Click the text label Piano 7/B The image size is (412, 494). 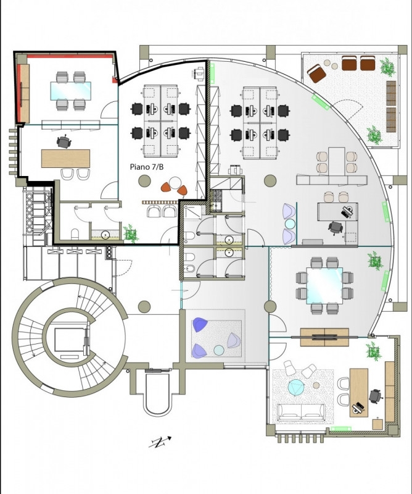coord(147,167)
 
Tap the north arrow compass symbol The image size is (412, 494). coord(160,442)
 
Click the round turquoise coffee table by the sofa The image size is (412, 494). coord(297,387)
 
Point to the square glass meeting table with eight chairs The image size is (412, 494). coord(324,286)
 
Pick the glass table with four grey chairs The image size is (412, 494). coord(71,91)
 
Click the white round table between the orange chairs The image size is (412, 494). coord(175,183)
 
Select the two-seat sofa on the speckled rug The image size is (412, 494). coord(300,412)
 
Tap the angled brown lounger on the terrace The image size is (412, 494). coord(316,73)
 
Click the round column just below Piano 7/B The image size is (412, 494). coord(144,180)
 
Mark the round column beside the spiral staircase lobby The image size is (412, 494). coord(144,306)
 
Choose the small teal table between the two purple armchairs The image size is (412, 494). coord(290,224)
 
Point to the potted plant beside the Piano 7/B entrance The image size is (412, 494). coord(131,234)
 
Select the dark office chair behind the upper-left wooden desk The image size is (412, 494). coord(64,142)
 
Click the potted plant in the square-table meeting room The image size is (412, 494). coord(375,261)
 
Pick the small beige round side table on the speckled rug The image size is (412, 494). coord(316,385)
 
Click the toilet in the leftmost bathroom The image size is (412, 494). coord(75,234)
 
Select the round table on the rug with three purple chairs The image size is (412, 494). coord(219,350)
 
